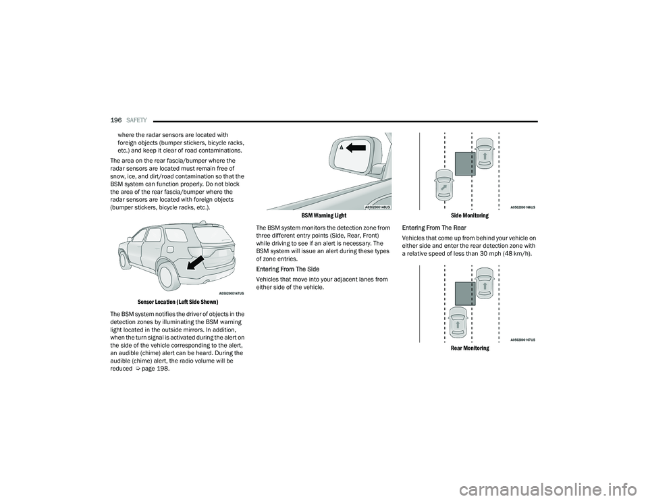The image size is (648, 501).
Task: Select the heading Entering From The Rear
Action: (433, 228)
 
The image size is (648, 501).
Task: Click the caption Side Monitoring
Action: (470, 215)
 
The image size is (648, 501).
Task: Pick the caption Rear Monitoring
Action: (470, 348)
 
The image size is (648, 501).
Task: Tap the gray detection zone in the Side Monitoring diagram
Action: (465, 165)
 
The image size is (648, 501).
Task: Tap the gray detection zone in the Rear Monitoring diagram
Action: (465, 294)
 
